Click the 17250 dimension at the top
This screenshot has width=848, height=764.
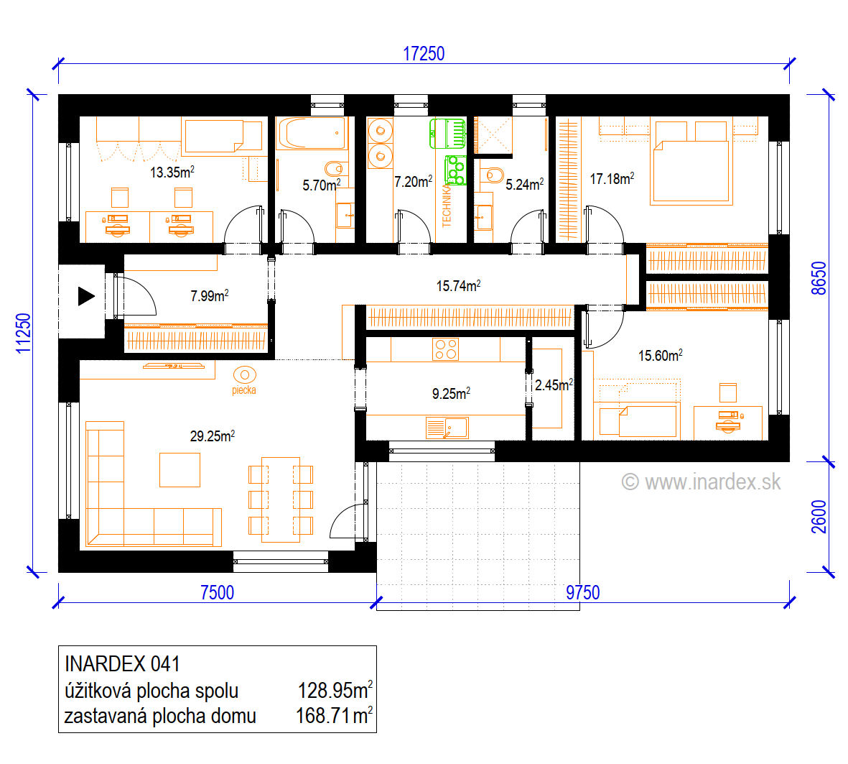click(424, 54)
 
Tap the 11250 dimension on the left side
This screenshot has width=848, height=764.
click(23, 333)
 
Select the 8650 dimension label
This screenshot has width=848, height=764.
click(819, 278)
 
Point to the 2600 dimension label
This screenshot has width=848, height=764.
click(819, 517)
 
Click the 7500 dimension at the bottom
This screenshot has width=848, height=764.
click(217, 592)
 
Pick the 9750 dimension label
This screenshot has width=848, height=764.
click(582, 592)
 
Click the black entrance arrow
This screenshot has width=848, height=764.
click(87, 296)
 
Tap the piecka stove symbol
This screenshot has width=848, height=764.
click(244, 374)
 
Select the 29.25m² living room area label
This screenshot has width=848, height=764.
click(212, 436)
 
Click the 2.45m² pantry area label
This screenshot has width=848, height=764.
click(554, 385)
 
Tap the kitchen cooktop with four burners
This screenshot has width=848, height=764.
click(446, 349)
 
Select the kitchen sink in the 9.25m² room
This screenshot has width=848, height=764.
click(447, 428)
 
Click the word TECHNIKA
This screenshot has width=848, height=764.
click(446, 206)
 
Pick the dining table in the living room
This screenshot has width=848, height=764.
click(281, 500)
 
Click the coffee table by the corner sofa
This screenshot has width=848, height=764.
click(180, 470)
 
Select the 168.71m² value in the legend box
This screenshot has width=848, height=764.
click(334, 716)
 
